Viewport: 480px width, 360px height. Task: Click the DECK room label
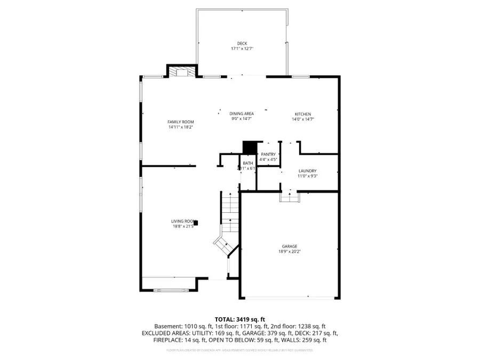[242, 43]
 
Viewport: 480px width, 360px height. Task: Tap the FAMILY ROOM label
[181, 122]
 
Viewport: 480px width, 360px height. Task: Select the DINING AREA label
[241, 114]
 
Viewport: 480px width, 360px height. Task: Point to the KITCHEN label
[303, 114]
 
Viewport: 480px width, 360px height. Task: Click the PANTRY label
[268, 154]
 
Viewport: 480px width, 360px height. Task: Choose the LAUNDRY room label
[307, 171]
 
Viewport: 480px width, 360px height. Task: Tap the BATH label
[248, 163]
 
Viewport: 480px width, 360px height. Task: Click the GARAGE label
[290, 246]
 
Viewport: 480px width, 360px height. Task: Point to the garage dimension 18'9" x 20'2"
[290, 252]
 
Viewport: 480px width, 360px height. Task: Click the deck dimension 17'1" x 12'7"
[242, 49]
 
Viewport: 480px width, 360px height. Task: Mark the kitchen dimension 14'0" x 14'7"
[303, 119]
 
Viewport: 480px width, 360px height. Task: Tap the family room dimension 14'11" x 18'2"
[181, 127]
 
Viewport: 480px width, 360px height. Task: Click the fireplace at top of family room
[182, 73]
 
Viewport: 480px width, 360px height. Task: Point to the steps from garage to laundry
[291, 197]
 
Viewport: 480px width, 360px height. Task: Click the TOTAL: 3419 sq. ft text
[239, 318]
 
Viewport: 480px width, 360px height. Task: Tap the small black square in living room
[196, 222]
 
